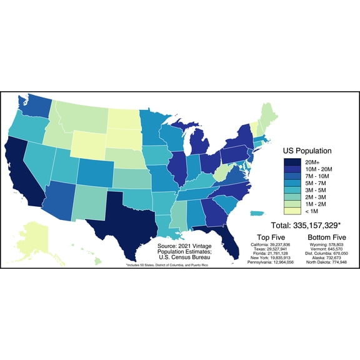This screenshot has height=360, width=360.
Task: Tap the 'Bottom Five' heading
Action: pos(327,237)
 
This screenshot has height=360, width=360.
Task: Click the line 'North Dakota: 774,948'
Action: pos(327,264)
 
